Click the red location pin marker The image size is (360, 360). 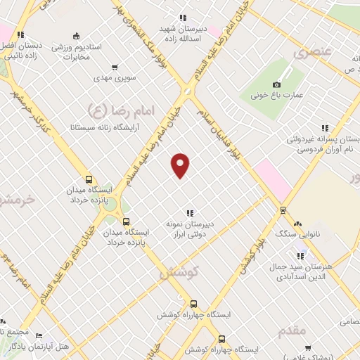coord(181,165)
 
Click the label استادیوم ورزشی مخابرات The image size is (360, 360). coord(77,51)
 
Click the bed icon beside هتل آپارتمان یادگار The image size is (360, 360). coord(39,336)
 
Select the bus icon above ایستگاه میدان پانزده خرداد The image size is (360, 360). coord(89,179)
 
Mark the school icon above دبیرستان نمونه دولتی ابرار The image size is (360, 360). coord(189,212)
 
